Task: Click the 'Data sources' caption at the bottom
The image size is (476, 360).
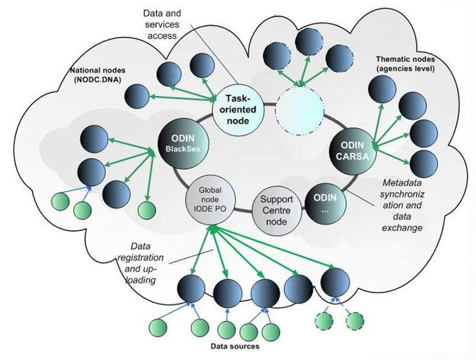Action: click(x=236, y=345)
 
